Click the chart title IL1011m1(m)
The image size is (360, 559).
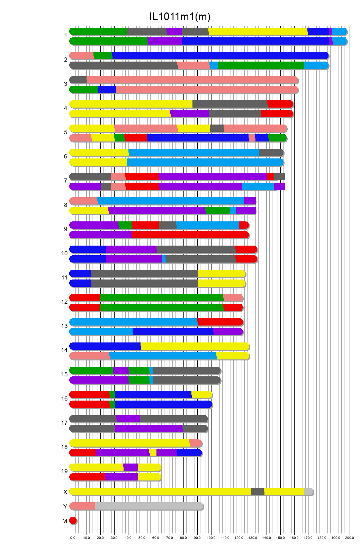[x=180, y=17]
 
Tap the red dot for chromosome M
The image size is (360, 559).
[x=73, y=521]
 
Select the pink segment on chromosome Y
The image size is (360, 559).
[x=82, y=506]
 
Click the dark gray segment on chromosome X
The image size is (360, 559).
[x=258, y=492]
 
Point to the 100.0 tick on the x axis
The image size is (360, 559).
[x=211, y=538]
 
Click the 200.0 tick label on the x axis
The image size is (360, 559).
[x=349, y=538]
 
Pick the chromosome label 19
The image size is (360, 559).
[x=64, y=471]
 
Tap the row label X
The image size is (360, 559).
[x=65, y=492]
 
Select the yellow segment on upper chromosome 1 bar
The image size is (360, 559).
[x=258, y=31]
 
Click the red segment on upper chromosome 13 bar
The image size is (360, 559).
[x=220, y=322]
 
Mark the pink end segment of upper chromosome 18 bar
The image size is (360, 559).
[x=196, y=443]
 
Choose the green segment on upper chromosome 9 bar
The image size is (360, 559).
[x=125, y=225]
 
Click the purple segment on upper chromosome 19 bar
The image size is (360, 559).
[x=130, y=467]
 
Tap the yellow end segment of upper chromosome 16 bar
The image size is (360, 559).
[x=201, y=395]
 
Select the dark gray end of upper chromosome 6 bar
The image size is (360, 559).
[x=271, y=153]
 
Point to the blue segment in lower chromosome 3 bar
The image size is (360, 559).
[x=107, y=90]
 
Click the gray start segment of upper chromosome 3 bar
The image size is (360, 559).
[x=78, y=80]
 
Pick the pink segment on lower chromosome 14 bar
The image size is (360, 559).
[x=90, y=356]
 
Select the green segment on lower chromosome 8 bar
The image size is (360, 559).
[x=218, y=211]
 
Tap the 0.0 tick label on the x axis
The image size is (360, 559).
[x=73, y=538]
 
